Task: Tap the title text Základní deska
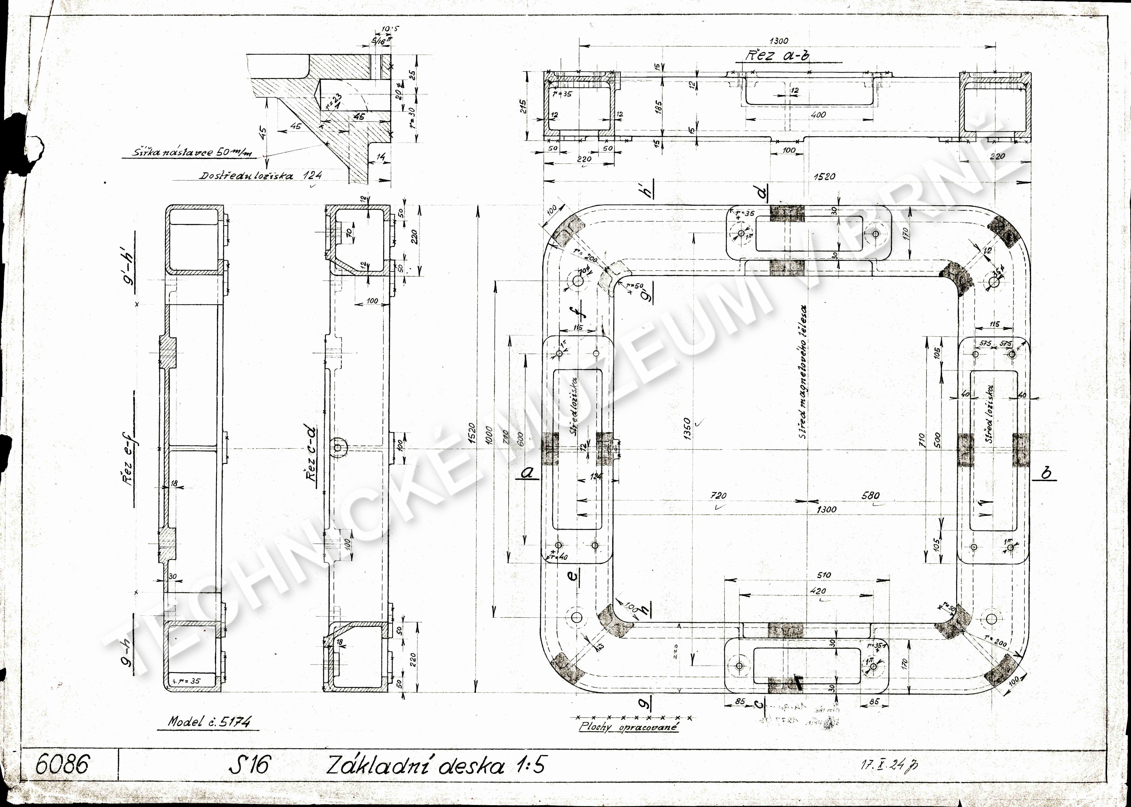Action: click(x=415, y=765)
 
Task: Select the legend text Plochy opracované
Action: click(x=629, y=727)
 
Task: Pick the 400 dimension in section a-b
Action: click(x=818, y=115)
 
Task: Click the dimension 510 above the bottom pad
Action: click(x=824, y=575)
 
